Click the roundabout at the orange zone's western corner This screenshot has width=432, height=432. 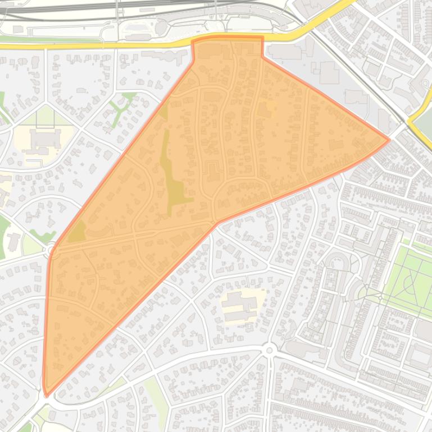(51, 247)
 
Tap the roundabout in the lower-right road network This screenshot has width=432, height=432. (270, 351)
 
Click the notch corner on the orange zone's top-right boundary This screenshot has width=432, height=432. (262, 56)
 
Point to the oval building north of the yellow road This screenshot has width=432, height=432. (162, 26)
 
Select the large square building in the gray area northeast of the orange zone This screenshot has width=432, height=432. (329, 72)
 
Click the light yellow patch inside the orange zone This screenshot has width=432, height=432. (271, 107)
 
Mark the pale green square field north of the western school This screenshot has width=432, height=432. (45, 117)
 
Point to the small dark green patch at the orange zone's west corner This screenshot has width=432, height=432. (78, 231)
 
